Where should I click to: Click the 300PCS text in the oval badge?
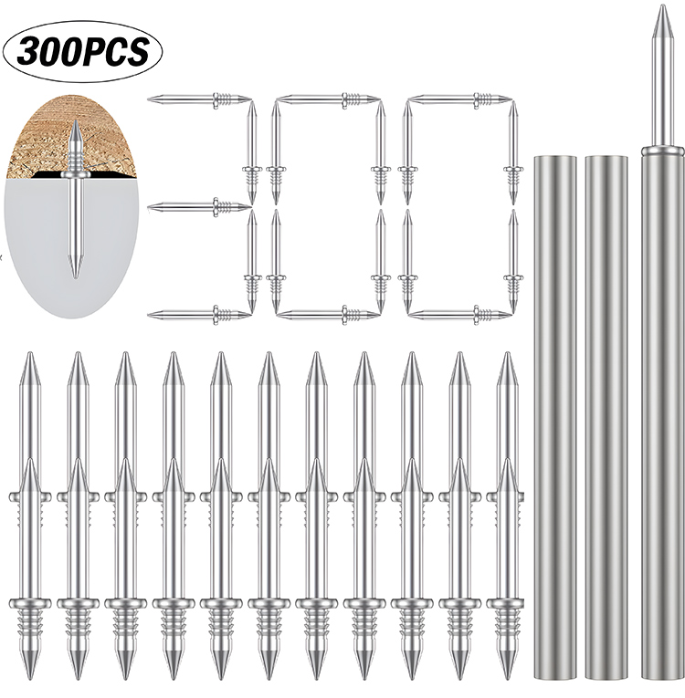click(x=82, y=51)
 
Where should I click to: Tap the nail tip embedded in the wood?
click(x=76, y=123)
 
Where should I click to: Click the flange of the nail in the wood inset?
click(x=76, y=176)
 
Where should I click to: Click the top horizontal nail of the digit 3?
click(x=199, y=98)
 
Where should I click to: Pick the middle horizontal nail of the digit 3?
click(x=199, y=206)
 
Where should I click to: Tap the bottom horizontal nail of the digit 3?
click(x=199, y=314)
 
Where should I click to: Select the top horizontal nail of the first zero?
click(x=329, y=98)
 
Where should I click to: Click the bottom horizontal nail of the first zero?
click(x=329, y=314)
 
